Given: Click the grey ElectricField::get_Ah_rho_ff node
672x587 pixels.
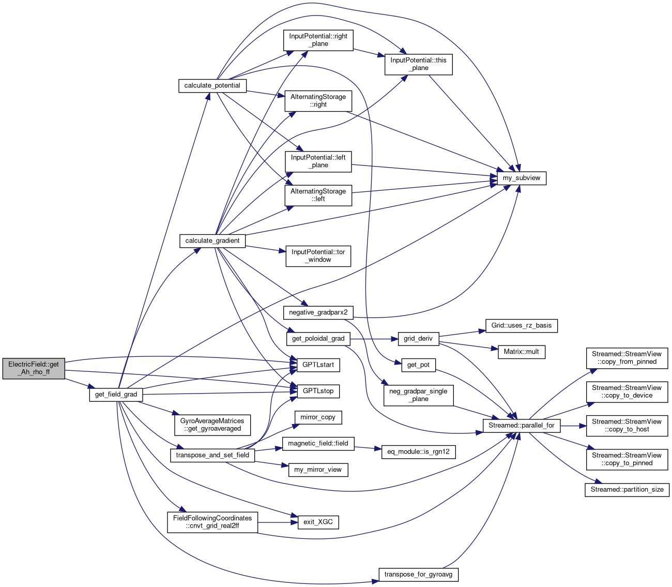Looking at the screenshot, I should click(x=34, y=368).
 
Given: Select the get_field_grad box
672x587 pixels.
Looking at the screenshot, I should click(x=116, y=395).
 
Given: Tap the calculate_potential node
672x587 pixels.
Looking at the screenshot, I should click(x=212, y=85).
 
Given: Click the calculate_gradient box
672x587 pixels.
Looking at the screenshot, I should click(x=212, y=240).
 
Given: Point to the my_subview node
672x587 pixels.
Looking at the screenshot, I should click(x=521, y=178).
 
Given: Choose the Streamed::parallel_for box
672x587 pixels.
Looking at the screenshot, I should click(x=521, y=425).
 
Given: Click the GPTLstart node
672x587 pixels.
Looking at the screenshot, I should click(x=318, y=365).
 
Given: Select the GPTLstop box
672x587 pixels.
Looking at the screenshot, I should click(x=318, y=391).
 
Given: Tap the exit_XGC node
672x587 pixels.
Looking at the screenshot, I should click(x=318, y=522).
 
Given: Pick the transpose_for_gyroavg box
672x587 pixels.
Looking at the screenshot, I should click(x=419, y=575).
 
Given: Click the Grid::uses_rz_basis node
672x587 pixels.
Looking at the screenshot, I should click(x=522, y=326).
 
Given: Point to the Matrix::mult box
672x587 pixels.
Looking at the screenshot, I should click(x=521, y=352).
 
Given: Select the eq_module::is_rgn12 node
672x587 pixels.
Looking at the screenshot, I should click(x=418, y=451).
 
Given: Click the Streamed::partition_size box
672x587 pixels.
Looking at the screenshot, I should click(x=627, y=489).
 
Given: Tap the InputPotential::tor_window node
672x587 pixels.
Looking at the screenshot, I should click(x=318, y=255).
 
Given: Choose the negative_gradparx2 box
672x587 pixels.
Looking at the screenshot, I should click(x=318, y=312).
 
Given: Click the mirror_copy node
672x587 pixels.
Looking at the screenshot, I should click(x=318, y=417).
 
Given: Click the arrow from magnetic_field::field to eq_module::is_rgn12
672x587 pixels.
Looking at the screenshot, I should click(x=368, y=447).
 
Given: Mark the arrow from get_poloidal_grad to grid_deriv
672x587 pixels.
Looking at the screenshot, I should click(x=374, y=339).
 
